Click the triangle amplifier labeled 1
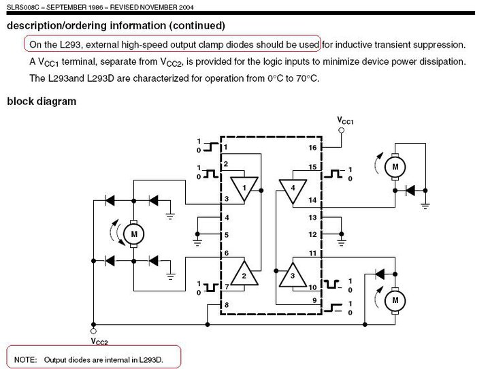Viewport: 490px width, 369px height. coord(244,189)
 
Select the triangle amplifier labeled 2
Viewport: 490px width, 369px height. coord(244,274)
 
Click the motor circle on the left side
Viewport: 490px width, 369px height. coord(134,234)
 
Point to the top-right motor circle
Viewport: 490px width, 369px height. coord(395,167)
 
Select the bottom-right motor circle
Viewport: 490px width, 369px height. coord(395,300)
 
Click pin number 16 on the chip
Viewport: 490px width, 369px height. coord(312,148)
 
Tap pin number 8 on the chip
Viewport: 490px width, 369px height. coord(227,304)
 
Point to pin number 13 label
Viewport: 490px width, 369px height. coord(312,217)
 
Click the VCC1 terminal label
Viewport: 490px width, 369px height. coord(345,121)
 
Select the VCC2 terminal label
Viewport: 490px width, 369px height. coord(99,342)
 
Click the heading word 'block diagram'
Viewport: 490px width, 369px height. coord(42,101)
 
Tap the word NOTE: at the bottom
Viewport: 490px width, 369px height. coord(25,359)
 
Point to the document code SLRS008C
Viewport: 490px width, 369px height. coord(23,7)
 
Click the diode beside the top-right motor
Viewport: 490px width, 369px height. coord(410,190)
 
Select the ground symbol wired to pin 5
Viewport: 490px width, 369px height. coord(197,242)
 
